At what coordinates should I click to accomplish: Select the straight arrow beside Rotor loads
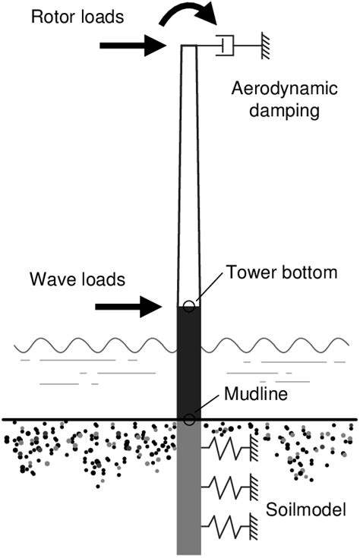pos(133,46)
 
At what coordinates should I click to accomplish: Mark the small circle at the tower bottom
pos(189,306)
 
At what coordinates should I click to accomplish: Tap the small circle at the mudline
pos(189,418)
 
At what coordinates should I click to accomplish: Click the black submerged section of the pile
pos(189,361)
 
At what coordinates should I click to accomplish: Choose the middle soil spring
pos(229,484)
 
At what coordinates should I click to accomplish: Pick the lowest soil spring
pos(229,524)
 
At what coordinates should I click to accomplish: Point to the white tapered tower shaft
pos(189,175)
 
